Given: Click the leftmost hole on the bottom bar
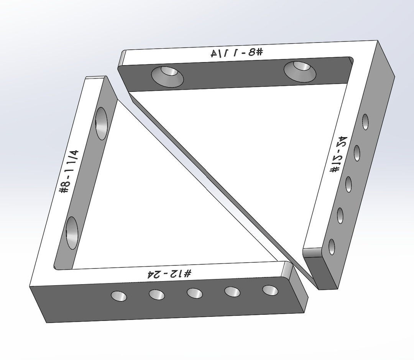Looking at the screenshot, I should point(119,296).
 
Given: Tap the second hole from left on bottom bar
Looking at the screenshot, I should point(157,295).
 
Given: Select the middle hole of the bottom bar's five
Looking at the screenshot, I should point(195,293).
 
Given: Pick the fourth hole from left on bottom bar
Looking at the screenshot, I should point(232,292).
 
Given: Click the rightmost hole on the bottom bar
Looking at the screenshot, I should point(271,290).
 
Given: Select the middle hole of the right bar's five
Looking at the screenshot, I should point(348,185).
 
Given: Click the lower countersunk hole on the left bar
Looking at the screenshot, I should point(72,232).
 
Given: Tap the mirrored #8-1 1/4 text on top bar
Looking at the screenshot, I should point(237,53).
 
